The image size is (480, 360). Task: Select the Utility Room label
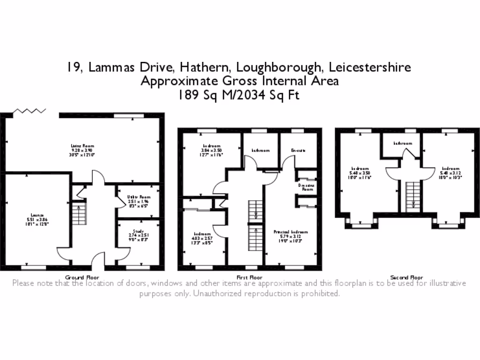(138, 197)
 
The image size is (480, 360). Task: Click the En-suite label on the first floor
(298, 150)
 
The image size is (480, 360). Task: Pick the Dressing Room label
(307, 187)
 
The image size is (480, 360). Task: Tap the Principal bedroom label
(291, 232)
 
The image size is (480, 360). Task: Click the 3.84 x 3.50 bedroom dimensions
(212, 150)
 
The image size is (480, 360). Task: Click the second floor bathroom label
(403, 143)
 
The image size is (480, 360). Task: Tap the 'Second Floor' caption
(406, 277)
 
